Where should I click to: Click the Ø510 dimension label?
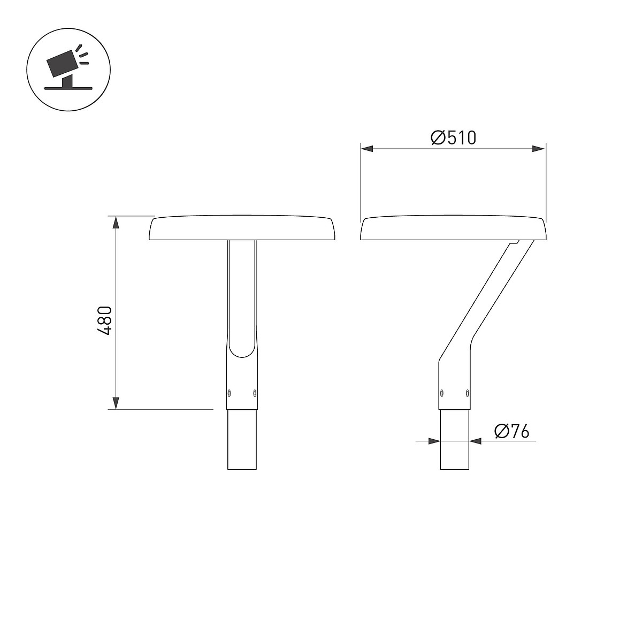(x=454, y=137)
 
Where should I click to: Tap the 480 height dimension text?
(x=104, y=320)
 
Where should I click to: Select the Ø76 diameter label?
(x=512, y=431)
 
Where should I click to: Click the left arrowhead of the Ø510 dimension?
(x=367, y=149)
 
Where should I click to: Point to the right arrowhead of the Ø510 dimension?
(x=539, y=149)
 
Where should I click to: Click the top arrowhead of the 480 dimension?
(x=116, y=222)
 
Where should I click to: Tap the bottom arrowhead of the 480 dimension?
(x=116, y=403)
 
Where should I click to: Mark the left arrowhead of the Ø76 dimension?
(x=434, y=441)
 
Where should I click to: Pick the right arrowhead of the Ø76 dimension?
(x=475, y=441)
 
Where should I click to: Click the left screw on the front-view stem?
(x=229, y=393)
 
